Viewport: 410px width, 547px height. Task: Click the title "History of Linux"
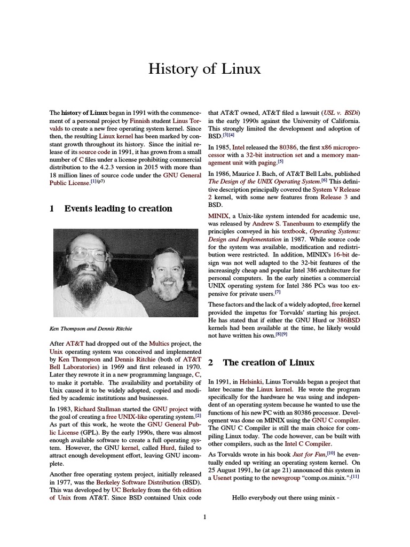coord(204,69)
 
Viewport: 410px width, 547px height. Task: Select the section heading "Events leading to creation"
coord(118,209)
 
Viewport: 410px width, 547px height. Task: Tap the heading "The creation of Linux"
coord(269,363)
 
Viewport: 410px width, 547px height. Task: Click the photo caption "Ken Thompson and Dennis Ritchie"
coord(90,328)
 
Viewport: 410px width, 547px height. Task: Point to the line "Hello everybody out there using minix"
coord(286,498)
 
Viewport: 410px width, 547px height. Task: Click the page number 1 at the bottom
coord(204,517)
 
